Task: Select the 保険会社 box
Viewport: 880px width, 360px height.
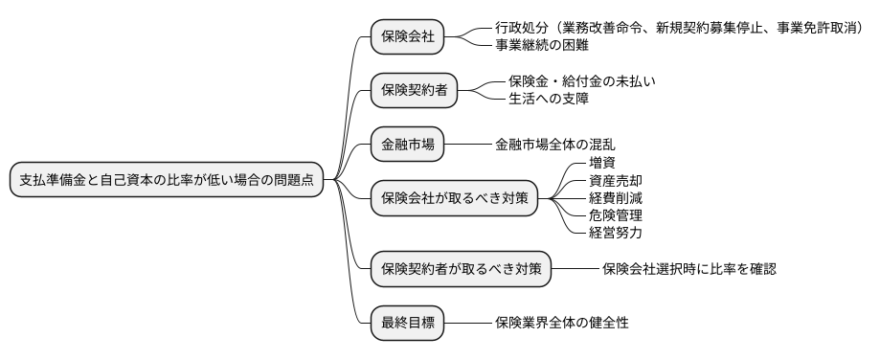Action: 408,37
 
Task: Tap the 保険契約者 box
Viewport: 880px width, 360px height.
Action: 415,91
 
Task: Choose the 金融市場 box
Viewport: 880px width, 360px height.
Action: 408,145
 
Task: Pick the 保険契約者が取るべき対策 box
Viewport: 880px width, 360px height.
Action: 461,269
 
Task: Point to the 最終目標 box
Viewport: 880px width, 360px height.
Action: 408,323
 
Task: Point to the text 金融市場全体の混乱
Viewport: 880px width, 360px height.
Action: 555,145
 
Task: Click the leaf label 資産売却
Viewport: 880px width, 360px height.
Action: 616,181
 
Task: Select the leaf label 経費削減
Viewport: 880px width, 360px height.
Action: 616,198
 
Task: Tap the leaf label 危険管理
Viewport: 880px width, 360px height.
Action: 616,215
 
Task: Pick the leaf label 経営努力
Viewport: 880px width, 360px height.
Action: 616,233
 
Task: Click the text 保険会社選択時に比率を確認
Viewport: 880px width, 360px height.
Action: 689,269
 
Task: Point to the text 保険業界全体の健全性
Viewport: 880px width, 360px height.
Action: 562,323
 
